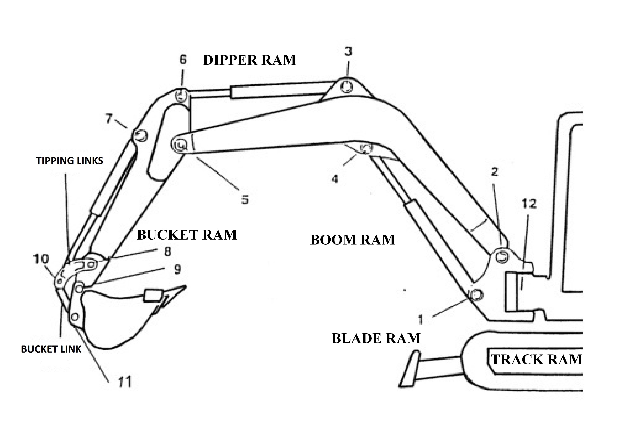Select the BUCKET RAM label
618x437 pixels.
click(187, 235)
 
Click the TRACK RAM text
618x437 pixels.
click(536, 359)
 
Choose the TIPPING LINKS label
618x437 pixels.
click(69, 161)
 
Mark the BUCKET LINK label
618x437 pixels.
click(51, 349)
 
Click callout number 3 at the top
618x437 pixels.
click(348, 51)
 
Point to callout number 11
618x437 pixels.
click(125, 382)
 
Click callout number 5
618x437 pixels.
click(245, 200)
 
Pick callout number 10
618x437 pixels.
click(41, 259)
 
